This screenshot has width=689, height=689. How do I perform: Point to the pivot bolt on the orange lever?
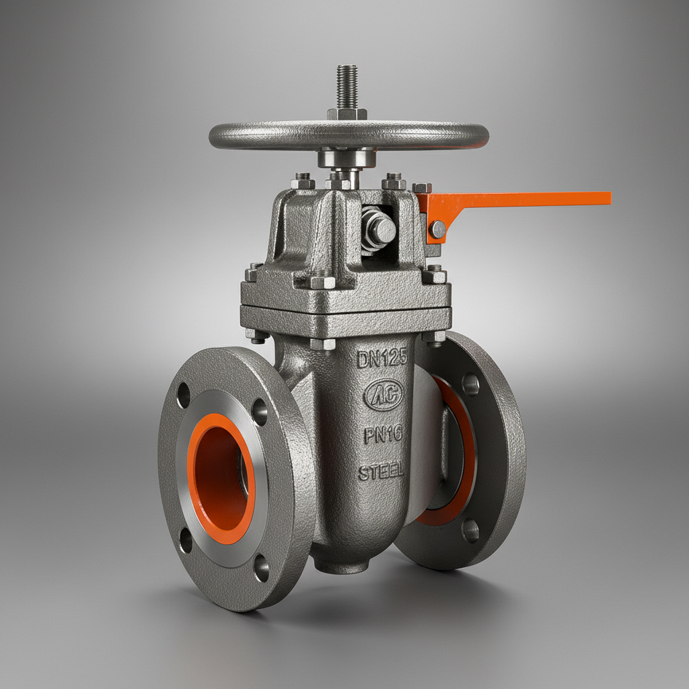pos(438,230)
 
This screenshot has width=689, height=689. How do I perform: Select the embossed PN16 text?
pos(384,435)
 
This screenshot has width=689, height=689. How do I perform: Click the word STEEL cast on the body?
pos(382,471)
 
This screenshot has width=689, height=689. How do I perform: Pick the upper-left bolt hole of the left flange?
pos(183,395)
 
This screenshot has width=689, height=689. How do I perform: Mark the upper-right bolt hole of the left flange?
pos(260,412)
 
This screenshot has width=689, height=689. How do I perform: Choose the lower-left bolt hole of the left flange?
pos(186,540)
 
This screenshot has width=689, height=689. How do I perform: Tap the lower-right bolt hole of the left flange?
pos(261,569)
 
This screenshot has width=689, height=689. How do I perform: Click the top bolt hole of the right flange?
pos(470,384)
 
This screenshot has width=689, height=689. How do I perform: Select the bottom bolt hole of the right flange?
pos(470,530)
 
